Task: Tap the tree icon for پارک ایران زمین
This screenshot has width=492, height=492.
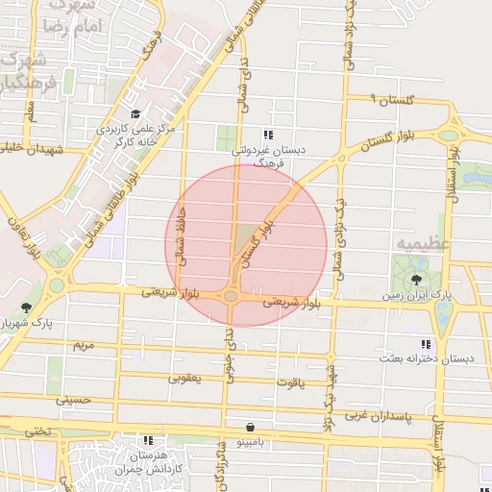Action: coord(415,280)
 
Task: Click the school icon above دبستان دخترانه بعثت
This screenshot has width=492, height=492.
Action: coord(424,344)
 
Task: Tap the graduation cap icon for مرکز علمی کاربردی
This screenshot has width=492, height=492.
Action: coord(135,114)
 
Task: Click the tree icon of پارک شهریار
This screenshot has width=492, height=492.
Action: coord(25,307)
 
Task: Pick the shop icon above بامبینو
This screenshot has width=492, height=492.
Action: coord(250,427)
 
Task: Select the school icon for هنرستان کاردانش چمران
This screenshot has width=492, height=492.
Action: coord(148,439)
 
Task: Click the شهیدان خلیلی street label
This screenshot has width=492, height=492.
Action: coord(31,149)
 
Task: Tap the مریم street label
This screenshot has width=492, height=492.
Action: coord(84,343)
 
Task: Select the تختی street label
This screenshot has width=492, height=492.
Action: coord(38,431)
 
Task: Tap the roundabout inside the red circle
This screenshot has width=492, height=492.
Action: coord(232,296)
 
